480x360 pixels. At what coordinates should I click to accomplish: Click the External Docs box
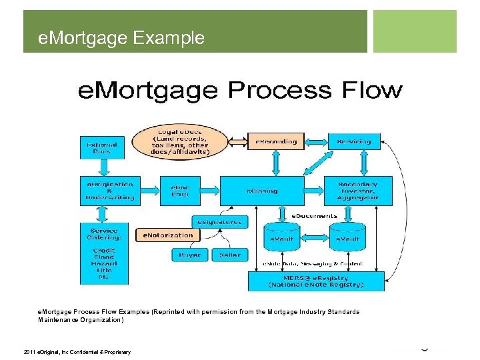click(102, 147)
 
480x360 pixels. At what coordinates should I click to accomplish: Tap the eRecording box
click(276, 141)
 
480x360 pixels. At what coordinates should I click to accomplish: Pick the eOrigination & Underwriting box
click(110, 191)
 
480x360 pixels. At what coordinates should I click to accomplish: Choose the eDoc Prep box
click(179, 191)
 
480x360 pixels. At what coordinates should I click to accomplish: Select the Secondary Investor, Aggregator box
click(358, 191)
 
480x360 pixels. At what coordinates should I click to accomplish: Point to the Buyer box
click(189, 255)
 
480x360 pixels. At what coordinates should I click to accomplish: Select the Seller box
click(230, 255)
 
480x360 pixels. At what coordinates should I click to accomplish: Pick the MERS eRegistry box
click(316, 281)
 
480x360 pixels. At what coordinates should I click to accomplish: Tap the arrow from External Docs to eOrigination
click(102, 167)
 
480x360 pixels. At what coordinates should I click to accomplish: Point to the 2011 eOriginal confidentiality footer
click(77, 352)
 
